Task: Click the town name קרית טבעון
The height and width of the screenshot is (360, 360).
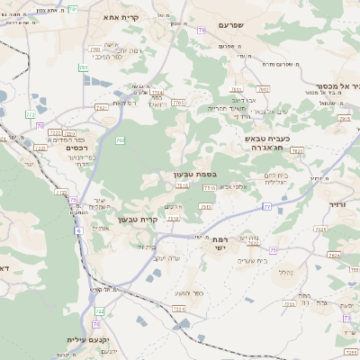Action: tap(138, 219)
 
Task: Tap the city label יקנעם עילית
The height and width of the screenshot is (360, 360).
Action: tap(87, 340)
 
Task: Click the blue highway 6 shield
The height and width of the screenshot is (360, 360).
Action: tap(78, 231)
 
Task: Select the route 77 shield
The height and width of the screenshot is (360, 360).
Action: tap(267, 206)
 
